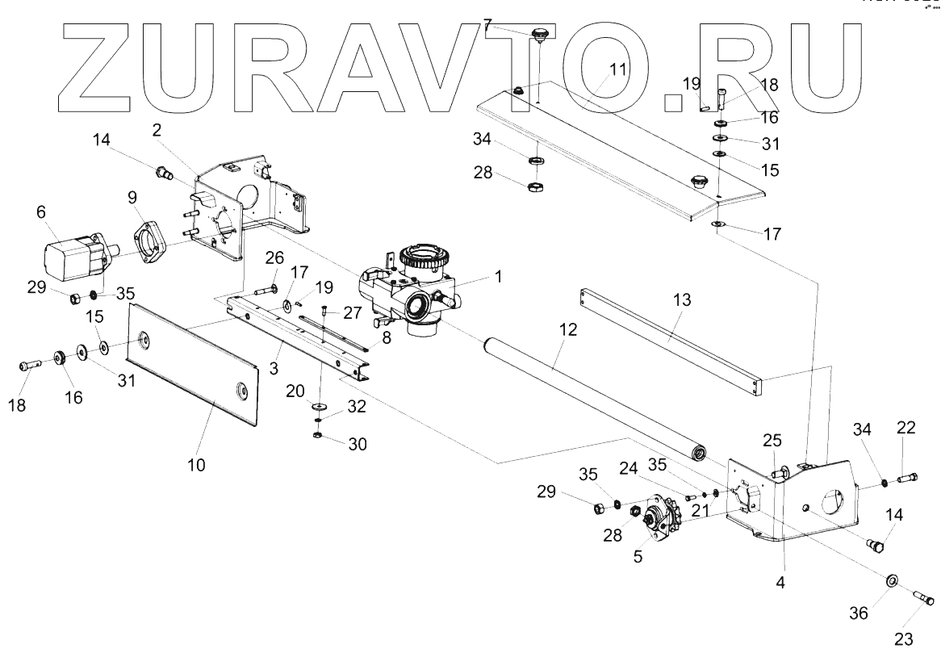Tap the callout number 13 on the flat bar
point(682,299)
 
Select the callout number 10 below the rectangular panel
point(197,465)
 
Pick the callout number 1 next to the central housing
point(499,276)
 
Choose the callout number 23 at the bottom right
point(904,639)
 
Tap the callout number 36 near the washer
point(859,613)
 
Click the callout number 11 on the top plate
point(617,69)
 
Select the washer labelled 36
point(893,581)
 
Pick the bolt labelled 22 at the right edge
point(908,479)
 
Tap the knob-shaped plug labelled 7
point(540,35)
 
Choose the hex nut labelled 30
point(318,436)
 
